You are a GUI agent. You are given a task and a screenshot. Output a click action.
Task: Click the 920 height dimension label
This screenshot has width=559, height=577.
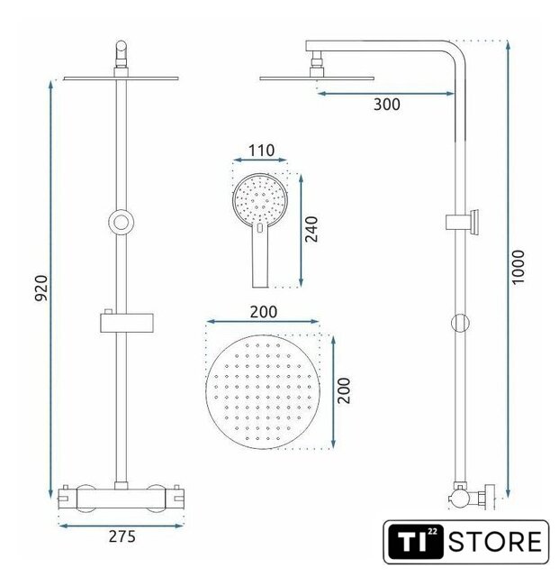click(x=41, y=288)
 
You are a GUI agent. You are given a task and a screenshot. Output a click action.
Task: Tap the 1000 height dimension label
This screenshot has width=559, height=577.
click(x=518, y=267)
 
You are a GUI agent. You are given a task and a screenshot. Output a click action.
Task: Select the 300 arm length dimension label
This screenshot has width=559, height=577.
click(x=387, y=105)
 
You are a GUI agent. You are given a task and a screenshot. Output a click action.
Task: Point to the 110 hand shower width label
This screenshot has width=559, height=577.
click(x=261, y=151)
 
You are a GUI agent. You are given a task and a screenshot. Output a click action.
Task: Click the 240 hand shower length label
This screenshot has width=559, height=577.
click(x=311, y=229)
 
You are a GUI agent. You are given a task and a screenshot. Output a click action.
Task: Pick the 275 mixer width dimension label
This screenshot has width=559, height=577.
click(x=122, y=536)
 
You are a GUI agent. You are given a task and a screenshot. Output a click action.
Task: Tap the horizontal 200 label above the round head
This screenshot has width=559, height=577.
click(x=264, y=312)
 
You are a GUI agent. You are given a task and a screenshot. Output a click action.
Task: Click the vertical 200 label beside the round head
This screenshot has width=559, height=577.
click(x=344, y=390)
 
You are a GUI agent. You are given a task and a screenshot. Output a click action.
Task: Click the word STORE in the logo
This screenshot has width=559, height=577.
click(x=495, y=541)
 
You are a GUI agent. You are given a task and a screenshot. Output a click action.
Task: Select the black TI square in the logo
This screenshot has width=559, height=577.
click(x=416, y=542)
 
